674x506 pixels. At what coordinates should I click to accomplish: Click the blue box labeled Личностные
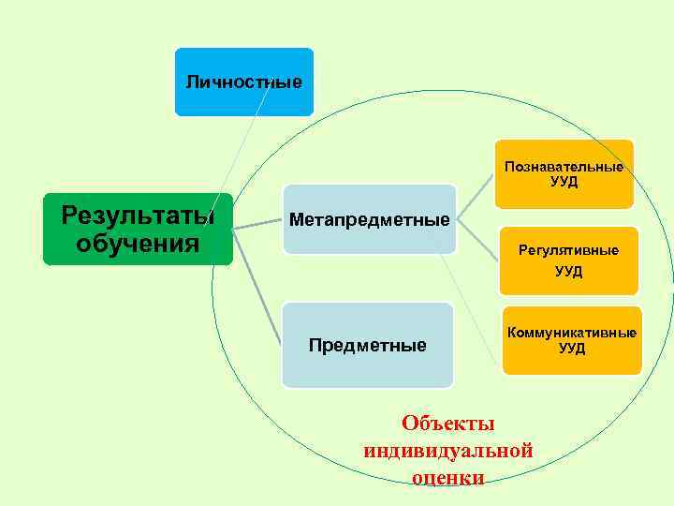tap(243, 82)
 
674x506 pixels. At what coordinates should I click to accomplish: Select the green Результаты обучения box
tap(138, 230)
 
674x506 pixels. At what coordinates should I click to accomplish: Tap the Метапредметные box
tap(369, 220)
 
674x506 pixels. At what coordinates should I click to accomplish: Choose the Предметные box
tap(367, 346)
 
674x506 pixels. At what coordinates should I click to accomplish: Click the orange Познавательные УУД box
tap(564, 174)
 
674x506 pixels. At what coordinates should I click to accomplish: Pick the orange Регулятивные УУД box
tap(567, 260)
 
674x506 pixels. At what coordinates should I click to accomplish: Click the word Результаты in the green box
tap(138, 216)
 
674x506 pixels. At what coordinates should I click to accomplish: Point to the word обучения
tap(138, 245)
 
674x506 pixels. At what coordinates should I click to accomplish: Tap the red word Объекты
tap(447, 424)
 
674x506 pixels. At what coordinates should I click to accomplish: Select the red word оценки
tap(447, 477)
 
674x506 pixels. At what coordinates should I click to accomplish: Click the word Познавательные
tap(564, 167)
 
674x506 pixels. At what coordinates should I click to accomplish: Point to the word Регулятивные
tap(568, 251)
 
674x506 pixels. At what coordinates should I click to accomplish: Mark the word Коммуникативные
tap(571, 334)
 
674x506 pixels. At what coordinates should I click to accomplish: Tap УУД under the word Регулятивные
tap(568, 272)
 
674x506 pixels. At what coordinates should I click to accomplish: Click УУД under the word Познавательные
tap(564, 182)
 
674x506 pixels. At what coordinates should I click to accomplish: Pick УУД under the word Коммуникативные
tap(571, 349)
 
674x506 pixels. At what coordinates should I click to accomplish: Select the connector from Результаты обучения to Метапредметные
tap(257, 223)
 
